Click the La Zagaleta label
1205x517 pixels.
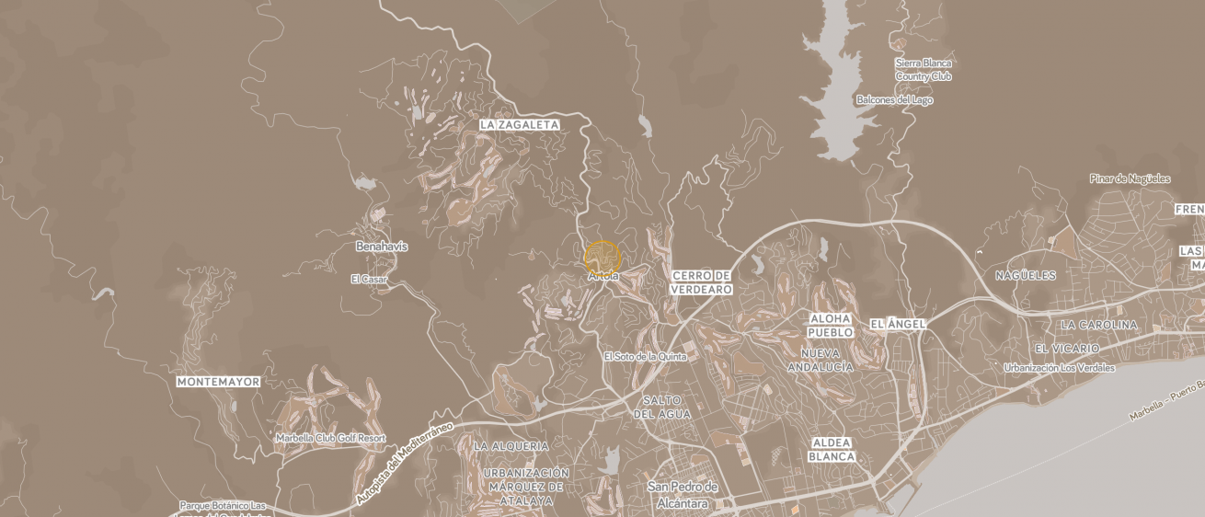pyautogui.click(x=519, y=124)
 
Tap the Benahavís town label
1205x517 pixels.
pyautogui.click(x=382, y=247)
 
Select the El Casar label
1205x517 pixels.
pyautogui.click(x=369, y=279)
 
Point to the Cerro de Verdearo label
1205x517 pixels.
pyautogui.click(x=702, y=282)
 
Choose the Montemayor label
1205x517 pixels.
pyautogui.click(x=218, y=381)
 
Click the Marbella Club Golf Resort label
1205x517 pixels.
pyautogui.click(x=330, y=438)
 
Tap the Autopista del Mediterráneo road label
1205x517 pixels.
pyautogui.click(x=406, y=465)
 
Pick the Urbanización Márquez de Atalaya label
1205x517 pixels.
pyautogui.click(x=525, y=487)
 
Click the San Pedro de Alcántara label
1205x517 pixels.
pyautogui.click(x=682, y=494)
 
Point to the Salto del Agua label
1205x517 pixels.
pyautogui.click(x=662, y=407)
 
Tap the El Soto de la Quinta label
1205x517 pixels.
pyautogui.click(x=645, y=356)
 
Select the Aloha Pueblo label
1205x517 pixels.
pyautogui.click(x=830, y=325)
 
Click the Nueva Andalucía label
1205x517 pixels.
pyautogui.click(x=821, y=360)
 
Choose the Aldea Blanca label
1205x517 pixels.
pyautogui.click(x=832, y=450)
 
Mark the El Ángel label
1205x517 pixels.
pyautogui.click(x=897, y=324)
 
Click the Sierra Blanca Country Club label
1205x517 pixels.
pyautogui.click(x=924, y=70)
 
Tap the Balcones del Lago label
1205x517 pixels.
pyautogui.click(x=894, y=99)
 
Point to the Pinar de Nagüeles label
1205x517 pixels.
pyautogui.click(x=1130, y=178)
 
